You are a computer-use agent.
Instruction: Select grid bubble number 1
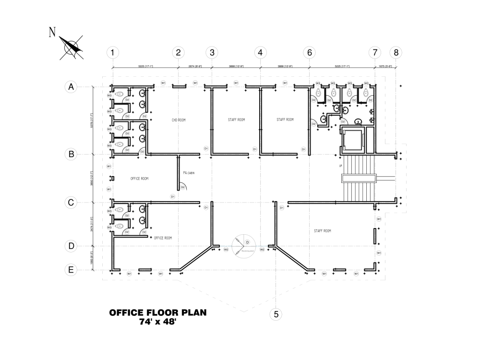pos(112,52)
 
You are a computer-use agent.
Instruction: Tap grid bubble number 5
pos(276,314)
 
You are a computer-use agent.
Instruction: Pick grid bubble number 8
pos(396,52)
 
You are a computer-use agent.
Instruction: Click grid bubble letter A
pos(71,87)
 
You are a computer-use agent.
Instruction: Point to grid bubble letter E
pos(71,270)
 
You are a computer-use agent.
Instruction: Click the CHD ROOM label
pos(179,120)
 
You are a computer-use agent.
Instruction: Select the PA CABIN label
pos(188,173)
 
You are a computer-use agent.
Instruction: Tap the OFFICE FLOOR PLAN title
pos(158,313)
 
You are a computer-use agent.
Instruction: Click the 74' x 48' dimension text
pos(158,323)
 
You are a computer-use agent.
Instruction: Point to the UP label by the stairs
pos(341,166)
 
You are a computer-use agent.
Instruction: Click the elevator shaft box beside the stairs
pos(353,139)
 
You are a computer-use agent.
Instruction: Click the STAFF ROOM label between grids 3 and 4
pos(236,120)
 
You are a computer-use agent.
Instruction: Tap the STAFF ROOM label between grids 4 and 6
pos(285,120)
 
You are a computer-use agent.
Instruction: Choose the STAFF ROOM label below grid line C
pos(323,231)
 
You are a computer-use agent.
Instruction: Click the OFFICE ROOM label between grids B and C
pos(139,179)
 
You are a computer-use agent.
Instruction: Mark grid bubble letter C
pos(71,203)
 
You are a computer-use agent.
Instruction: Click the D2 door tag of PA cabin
pos(182,187)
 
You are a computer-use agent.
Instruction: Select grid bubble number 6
pos(309,52)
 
